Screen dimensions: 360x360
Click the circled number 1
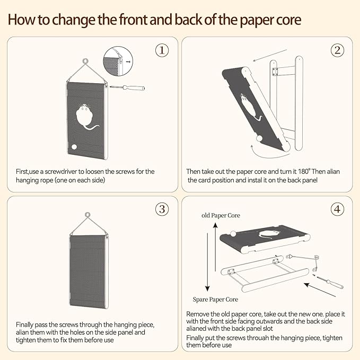coord(162,50)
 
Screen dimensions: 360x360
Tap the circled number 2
coord(337,50)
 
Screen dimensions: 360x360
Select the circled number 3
coord(162,209)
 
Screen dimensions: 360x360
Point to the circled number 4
coord(337,209)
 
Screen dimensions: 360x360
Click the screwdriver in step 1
coord(127,87)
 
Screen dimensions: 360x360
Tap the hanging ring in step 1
coord(86,62)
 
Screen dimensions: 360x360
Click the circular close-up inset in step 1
coord(118,61)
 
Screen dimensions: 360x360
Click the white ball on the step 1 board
coord(74,147)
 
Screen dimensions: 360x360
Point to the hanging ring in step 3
coord(87,215)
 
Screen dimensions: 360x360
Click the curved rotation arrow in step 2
coord(269,153)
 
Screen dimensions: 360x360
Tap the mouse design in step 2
coord(250,107)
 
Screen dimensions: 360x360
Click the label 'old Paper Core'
coord(221,215)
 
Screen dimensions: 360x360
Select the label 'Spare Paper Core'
coord(215,300)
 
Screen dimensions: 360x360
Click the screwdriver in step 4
coord(330,283)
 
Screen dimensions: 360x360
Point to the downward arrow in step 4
coord(207,262)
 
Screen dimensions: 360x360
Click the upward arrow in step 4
coord(215,247)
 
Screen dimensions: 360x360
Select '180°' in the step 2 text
coord(304,171)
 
